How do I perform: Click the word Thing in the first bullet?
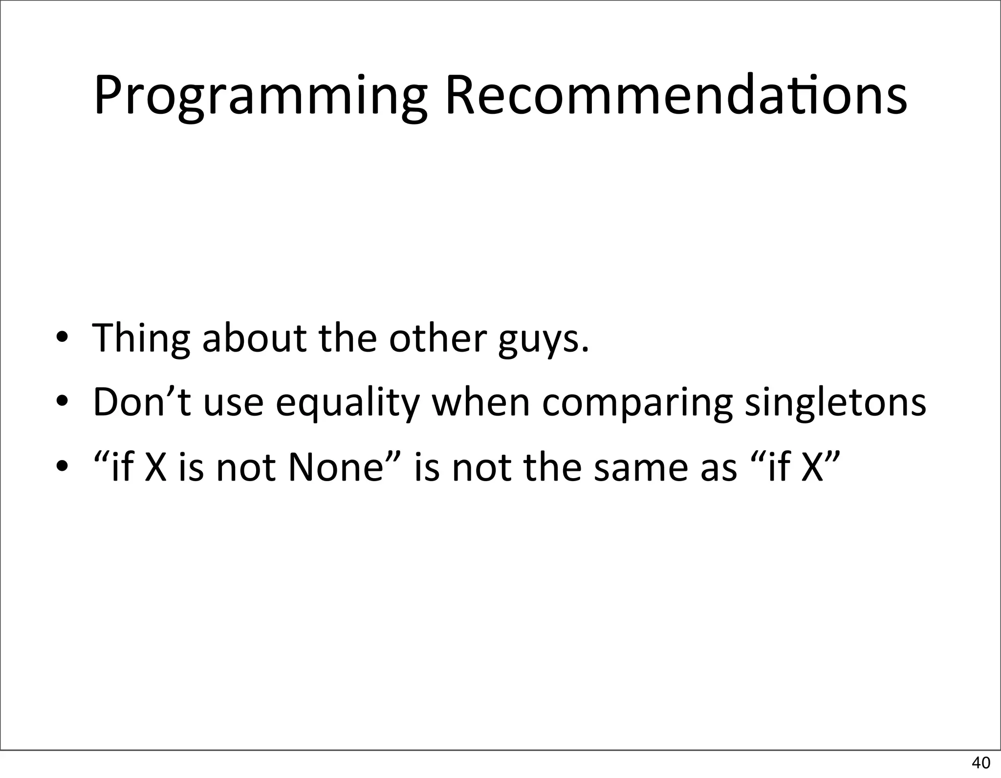point(141,338)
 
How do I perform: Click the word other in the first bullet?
point(438,337)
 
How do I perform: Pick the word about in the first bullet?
point(254,337)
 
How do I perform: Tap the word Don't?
point(142,402)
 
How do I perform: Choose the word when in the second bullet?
point(481,402)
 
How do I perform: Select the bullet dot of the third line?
point(62,467)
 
